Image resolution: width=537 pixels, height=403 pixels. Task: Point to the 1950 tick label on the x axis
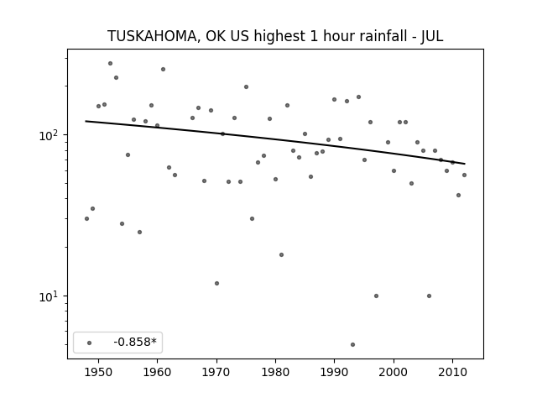pos(98,372)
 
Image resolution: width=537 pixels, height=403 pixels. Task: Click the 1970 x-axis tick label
pos(216,372)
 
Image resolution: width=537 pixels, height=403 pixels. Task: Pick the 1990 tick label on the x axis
pos(334,372)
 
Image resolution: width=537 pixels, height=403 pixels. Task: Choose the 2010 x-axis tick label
pos(452,372)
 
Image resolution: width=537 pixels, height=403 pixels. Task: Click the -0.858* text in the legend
pos(135,342)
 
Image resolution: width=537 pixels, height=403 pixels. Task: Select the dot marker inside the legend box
pos(90,343)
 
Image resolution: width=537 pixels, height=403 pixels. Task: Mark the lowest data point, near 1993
pos(352,344)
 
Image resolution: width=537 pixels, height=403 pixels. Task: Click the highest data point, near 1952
pos(110,64)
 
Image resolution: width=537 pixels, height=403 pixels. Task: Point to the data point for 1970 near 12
pos(216,283)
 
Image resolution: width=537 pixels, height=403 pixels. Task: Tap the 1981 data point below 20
pos(282,254)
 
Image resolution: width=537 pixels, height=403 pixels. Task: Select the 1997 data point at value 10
pos(377,296)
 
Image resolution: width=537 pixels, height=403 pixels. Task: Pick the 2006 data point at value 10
pos(429,296)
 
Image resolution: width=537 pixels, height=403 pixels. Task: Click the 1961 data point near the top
pos(164,69)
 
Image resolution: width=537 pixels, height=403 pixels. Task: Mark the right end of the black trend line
pos(465,164)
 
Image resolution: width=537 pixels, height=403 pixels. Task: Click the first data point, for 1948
pos(86,218)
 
